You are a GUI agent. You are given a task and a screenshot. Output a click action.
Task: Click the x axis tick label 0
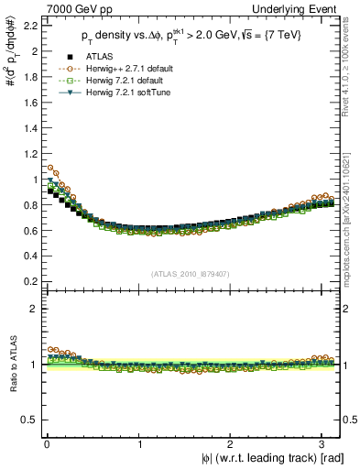click(x=46, y=443)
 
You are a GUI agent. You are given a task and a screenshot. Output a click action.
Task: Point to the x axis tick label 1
click(x=139, y=443)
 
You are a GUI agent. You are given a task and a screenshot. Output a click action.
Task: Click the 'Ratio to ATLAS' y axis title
click(x=11, y=365)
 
